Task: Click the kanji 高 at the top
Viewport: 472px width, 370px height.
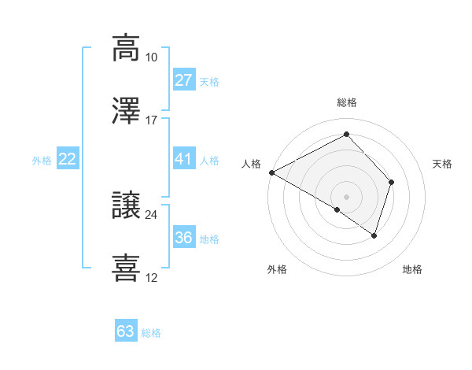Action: tap(126, 48)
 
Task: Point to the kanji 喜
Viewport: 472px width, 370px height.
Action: tap(126, 268)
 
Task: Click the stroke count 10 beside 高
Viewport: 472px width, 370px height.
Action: tap(152, 57)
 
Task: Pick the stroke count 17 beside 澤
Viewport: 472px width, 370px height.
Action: tap(152, 120)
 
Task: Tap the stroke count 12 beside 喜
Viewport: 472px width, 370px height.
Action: tap(152, 278)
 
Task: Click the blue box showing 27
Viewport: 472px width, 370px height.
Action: tap(183, 80)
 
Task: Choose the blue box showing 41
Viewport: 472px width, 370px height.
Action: tap(183, 159)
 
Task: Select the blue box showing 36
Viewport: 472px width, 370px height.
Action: tap(183, 238)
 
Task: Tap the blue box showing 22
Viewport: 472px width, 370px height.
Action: tap(68, 159)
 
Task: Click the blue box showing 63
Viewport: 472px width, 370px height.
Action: tap(126, 331)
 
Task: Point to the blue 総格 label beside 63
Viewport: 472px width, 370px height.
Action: tap(151, 333)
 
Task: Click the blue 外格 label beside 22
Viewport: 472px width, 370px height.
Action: tap(42, 161)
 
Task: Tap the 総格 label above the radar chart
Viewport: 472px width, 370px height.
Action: tap(346, 102)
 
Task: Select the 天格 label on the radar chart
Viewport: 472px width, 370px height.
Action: tap(443, 164)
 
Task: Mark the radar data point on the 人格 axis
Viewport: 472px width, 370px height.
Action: tap(271, 172)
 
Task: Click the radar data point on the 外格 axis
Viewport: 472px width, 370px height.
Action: tap(337, 209)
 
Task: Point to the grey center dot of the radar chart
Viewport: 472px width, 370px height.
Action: tap(346, 195)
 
